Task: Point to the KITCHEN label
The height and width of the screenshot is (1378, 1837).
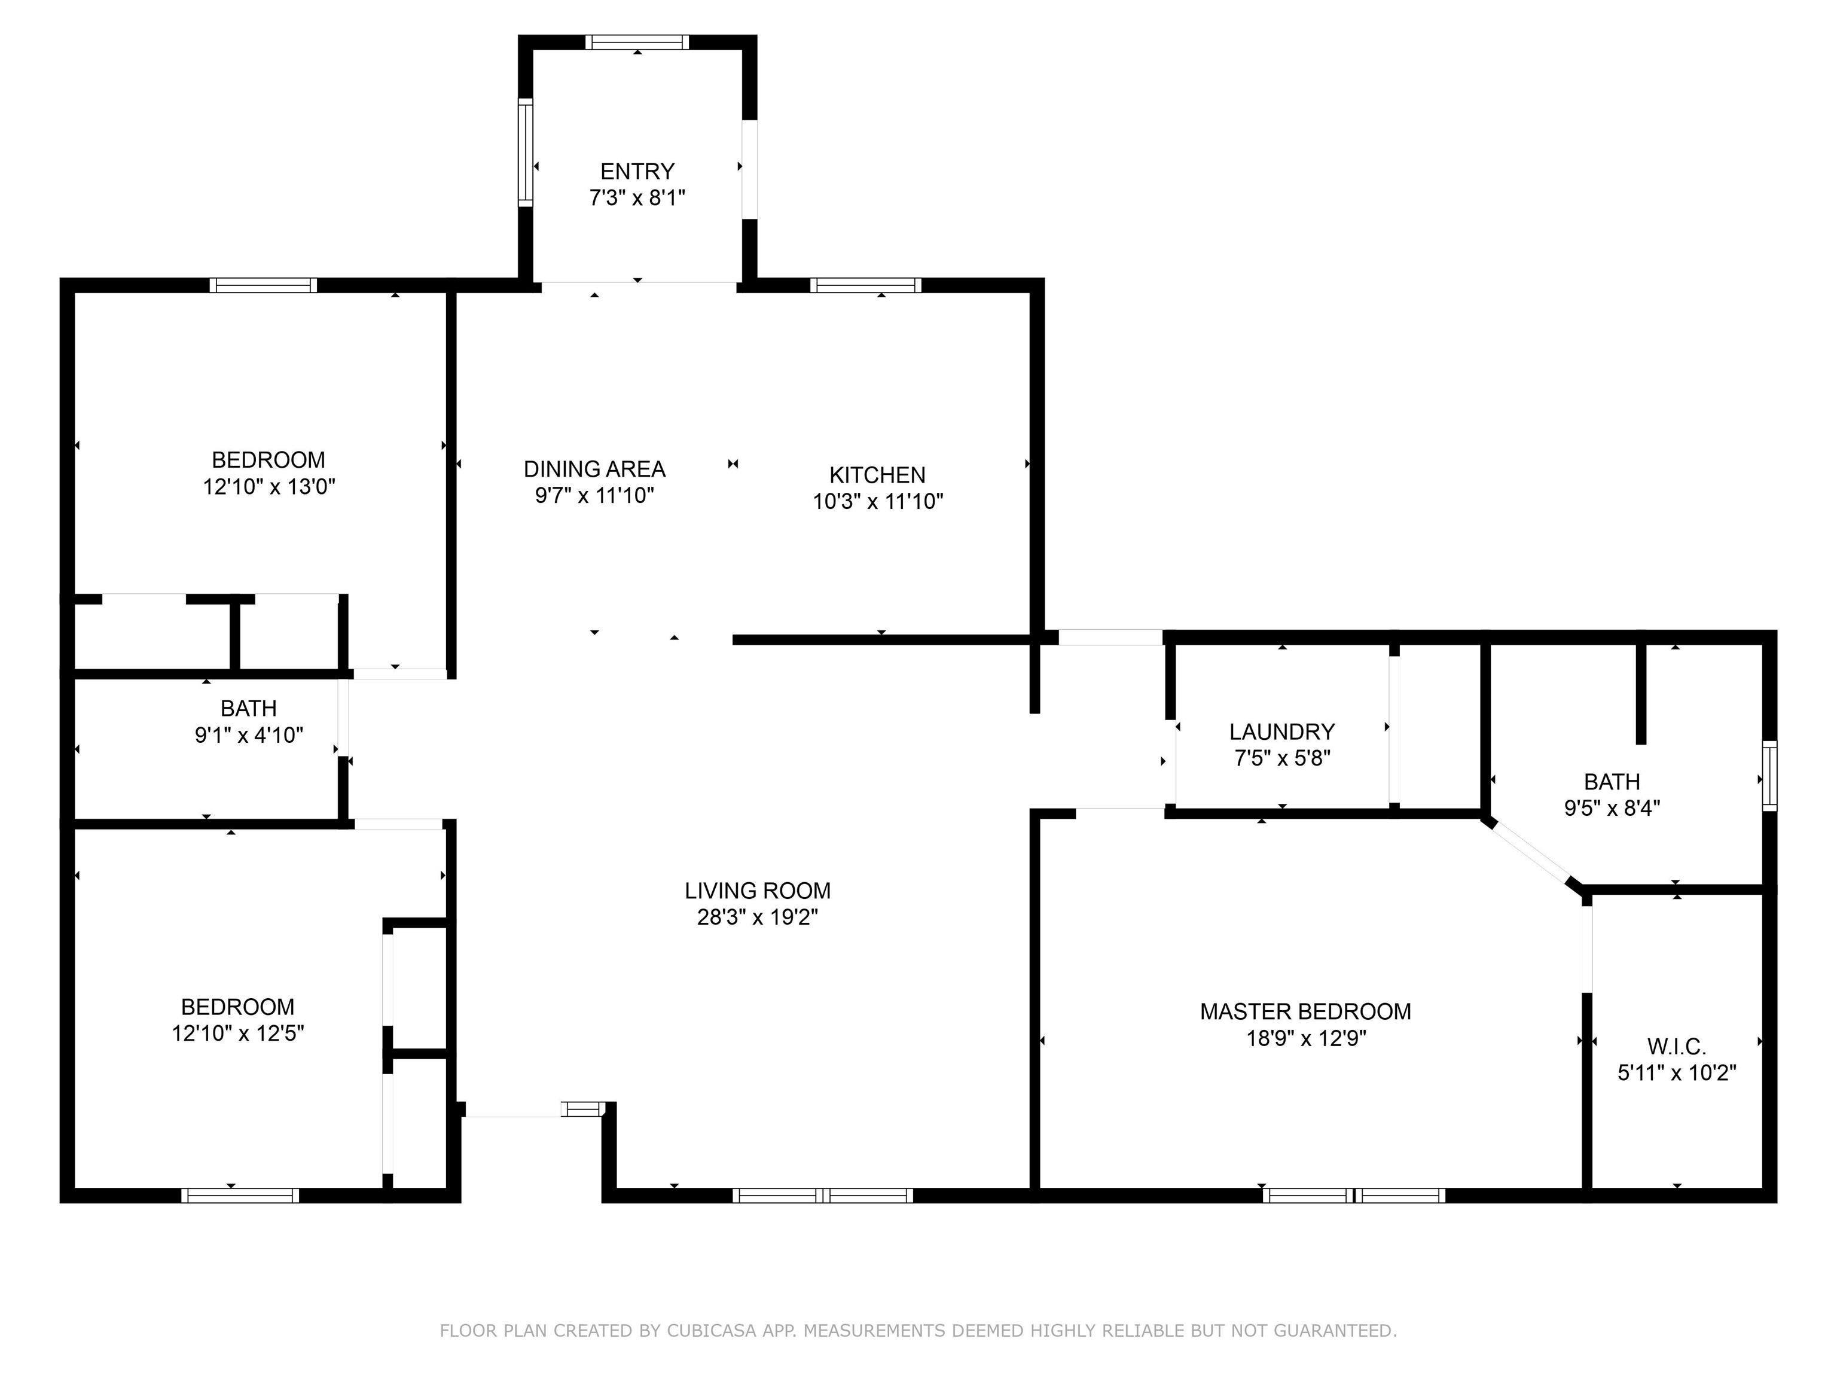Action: [x=877, y=474]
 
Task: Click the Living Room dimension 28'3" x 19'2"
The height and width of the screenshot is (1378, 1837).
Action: [x=758, y=917]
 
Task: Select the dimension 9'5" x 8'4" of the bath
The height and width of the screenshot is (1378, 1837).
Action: [x=1612, y=807]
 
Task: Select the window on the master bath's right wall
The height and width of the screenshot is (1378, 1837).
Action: [x=1770, y=776]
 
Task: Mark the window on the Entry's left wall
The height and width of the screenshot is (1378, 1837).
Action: [x=525, y=152]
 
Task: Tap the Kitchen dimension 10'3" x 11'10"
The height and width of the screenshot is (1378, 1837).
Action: [x=878, y=501]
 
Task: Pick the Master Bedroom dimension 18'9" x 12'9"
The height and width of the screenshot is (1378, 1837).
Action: [x=1305, y=1038]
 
